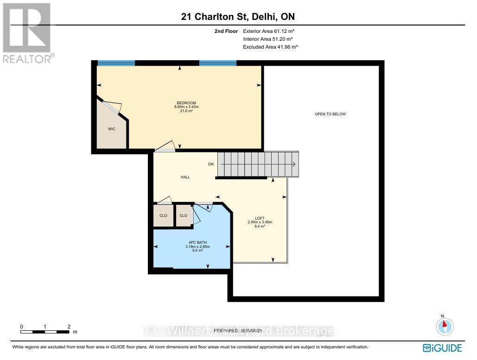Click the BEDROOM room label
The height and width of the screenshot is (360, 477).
tap(186, 103)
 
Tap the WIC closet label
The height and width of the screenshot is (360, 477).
tap(112, 129)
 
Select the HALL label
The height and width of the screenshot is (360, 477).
tap(185, 177)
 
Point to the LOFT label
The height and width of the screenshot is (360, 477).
tap(260, 218)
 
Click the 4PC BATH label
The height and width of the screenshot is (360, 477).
tap(197, 242)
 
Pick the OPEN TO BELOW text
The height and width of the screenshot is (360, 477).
tap(330, 114)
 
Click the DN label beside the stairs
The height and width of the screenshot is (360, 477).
tap(211, 164)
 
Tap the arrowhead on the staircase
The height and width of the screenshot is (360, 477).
tap(294, 164)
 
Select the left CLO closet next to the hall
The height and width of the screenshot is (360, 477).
tap(163, 215)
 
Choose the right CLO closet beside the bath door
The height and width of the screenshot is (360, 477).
tap(184, 215)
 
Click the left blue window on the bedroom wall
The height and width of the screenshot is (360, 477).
tap(116, 63)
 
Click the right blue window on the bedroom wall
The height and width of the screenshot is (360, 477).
tap(218, 63)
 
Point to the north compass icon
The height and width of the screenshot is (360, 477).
tap(445, 325)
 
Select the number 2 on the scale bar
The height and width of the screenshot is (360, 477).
tap(69, 327)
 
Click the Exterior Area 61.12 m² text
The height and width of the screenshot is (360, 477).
tap(269, 31)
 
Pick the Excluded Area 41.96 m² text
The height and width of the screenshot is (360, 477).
tap(270, 47)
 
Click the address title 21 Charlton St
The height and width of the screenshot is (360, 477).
tap(238, 17)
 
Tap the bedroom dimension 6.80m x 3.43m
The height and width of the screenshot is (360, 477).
tap(186, 107)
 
